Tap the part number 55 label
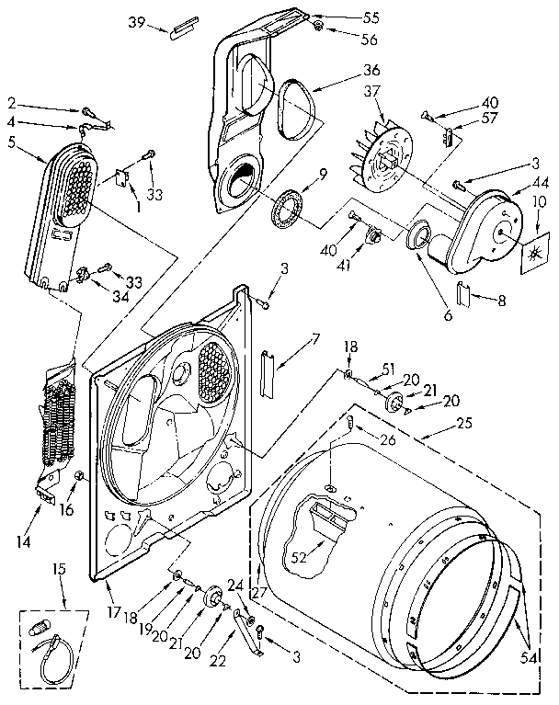click(346, 17)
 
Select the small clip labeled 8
click(464, 296)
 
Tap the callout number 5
click(12, 143)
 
